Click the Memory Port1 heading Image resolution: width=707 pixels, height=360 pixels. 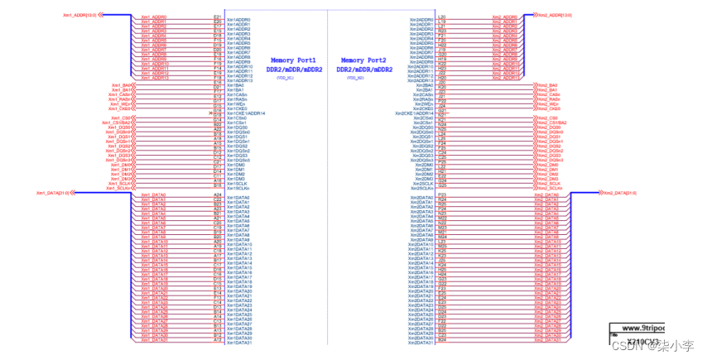point(293,60)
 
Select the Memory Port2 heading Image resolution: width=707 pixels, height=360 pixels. point(364,60)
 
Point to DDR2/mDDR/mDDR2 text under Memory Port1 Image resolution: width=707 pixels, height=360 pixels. point(293,70)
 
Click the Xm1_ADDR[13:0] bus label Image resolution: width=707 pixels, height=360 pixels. point(79,15)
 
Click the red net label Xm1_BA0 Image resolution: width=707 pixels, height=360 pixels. point(122,85)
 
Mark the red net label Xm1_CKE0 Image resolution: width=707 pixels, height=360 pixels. point(121,108)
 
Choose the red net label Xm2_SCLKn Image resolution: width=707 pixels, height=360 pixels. point(549,188)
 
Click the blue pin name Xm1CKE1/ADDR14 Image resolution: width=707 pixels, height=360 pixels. point(246,113)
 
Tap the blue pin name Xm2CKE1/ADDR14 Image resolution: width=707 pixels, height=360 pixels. point(414,113)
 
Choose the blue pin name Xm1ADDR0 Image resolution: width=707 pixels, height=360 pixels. point(238,19)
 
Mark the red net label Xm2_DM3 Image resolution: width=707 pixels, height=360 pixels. point(547,179)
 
